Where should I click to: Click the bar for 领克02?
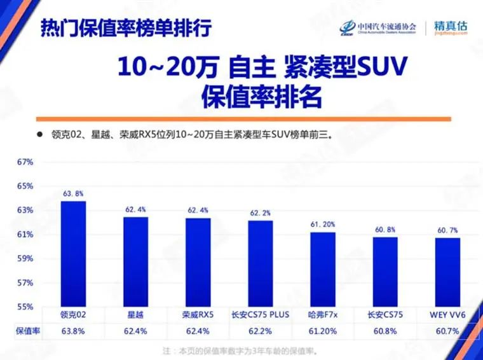tap(73, 254)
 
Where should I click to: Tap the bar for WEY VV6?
tap(447, 272)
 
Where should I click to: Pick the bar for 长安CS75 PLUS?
tap(261, 263)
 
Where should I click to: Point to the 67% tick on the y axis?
tap(25, 162)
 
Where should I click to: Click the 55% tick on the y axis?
tap(25, 307)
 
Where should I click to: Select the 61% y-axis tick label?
tap(25, 235)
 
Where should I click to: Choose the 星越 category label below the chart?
tap(135, 315)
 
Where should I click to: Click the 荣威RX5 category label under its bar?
tap(198, 315)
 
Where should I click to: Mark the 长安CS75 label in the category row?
tap(385, 315)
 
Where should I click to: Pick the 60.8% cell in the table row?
tap(385, 331)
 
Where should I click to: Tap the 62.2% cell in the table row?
tap(261, 331)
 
